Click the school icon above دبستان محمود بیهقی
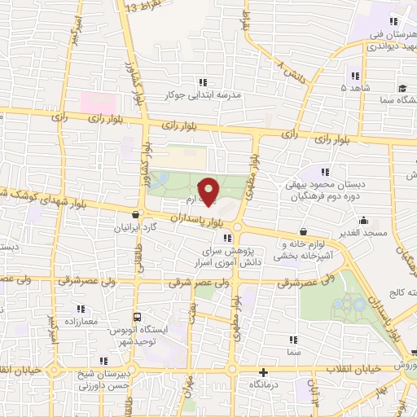click(x=326, y=172)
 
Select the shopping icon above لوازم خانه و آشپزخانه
click(x=303, y=232)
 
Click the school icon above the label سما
click(x=292, y=340)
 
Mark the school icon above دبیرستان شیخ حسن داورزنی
click(x=102, y=361)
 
